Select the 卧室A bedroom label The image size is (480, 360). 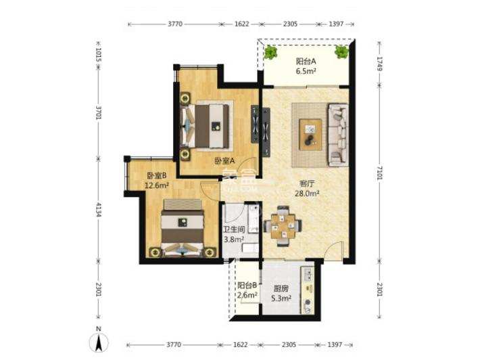[224, 161]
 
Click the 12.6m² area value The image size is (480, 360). [157, 184]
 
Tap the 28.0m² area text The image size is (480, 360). [307, 193]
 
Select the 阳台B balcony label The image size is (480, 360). [247, 286]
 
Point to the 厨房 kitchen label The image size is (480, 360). [281, 287]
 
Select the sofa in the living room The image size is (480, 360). [337, 134]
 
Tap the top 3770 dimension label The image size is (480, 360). [175, 24]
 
